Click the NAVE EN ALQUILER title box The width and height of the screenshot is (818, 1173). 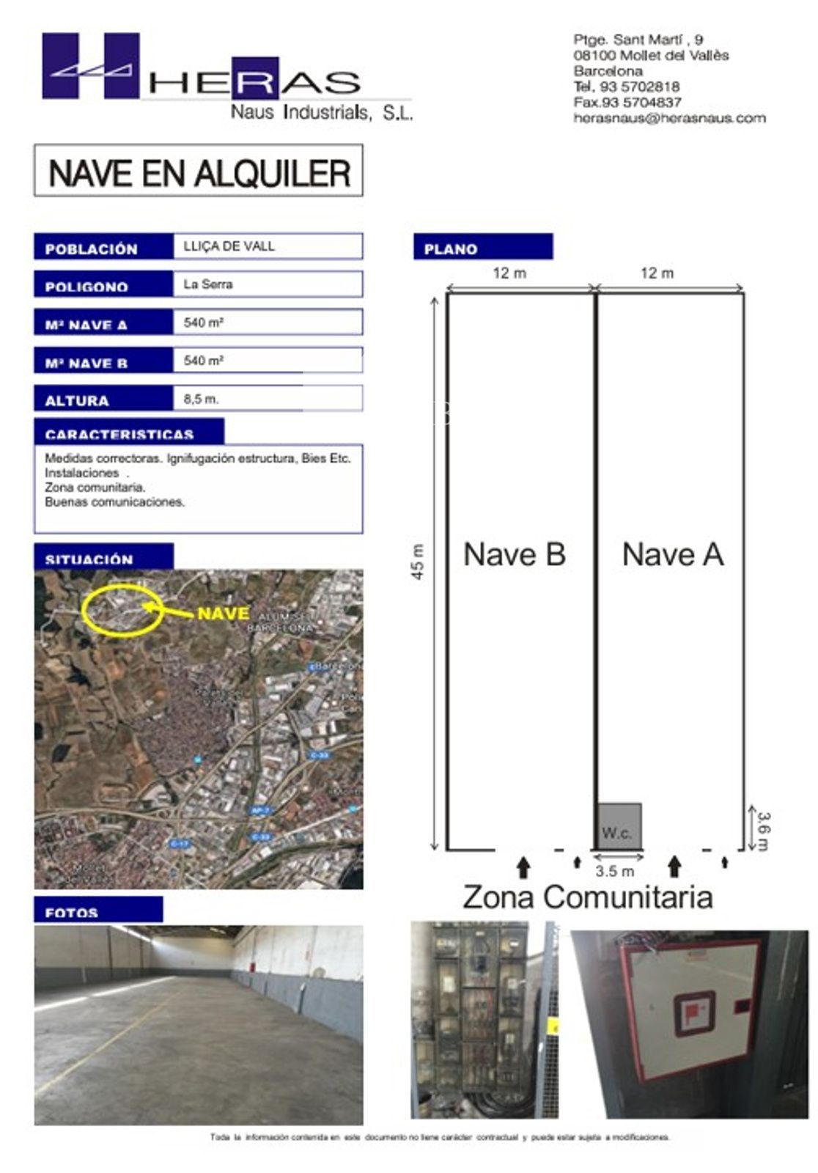click(198, 171)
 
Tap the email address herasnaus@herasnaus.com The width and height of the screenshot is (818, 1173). click(669, 118)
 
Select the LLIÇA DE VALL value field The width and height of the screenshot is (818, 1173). click(268, 246)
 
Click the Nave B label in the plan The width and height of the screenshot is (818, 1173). click(515, 554)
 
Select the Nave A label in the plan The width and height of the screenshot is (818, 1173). click(673, 554)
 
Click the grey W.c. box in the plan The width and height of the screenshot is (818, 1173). click(619, 827)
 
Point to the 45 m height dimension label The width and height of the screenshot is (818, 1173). click(418, 562)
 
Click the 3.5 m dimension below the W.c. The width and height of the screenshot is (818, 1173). click(614, 871)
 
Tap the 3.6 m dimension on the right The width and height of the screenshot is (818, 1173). click(763, 830)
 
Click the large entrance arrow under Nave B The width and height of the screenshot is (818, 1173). click(523, 867)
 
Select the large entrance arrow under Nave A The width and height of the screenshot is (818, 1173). click(675, 867)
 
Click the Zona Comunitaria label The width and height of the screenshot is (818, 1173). click(587, 897)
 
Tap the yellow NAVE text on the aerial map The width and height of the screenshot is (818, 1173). click(224, 613)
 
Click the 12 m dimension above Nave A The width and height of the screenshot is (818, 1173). click(657, 273)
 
